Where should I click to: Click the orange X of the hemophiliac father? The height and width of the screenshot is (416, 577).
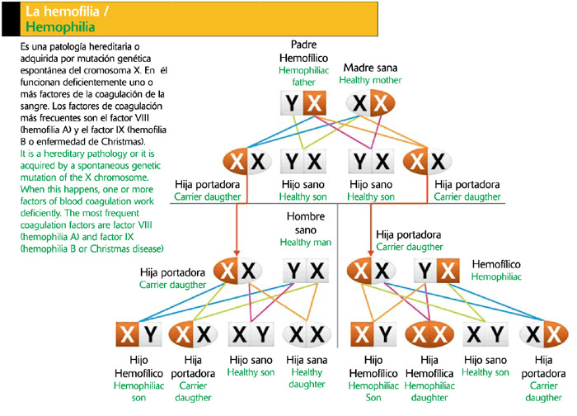(314, 103)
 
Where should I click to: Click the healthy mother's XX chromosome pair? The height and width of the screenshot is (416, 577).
(368, 103)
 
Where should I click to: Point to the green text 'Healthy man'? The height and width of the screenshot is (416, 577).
(304, 242)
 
